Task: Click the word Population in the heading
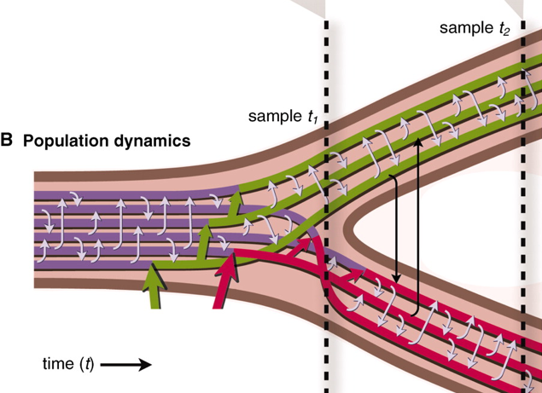point(61,141)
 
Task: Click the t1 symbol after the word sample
point(313,117)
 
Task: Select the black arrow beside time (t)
point(128,364)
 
